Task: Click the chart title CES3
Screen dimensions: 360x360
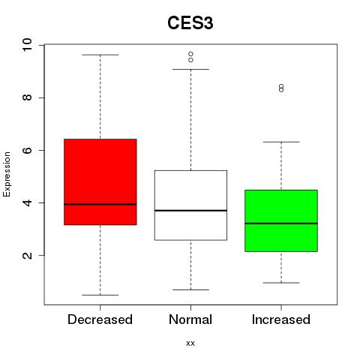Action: [190, 23]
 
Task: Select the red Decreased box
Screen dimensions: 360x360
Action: [100, 182]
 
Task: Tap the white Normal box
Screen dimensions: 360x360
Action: [190, 205]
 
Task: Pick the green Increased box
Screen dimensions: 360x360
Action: [281, 220]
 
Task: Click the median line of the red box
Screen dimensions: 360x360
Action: [100, 204]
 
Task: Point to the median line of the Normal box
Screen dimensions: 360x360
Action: [190, 211]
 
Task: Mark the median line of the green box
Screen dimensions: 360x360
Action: [281, 223]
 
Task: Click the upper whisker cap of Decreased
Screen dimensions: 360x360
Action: [100, 55]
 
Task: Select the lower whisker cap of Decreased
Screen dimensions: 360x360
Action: [100, 295]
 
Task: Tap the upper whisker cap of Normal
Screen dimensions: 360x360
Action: [190, 69]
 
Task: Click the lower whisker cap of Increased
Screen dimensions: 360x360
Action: [281, 283]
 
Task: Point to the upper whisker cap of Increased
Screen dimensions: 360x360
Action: [281, 142]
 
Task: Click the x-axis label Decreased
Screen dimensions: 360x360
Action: [100, 319]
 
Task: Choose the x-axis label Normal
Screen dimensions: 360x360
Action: [190, 319]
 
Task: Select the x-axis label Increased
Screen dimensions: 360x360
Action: [281, 319]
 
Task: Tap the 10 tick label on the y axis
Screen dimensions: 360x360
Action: [27, 45]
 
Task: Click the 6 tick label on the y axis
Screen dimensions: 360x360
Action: [27, 150]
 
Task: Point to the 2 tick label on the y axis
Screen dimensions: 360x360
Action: [27, 255]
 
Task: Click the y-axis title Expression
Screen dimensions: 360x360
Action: [7, 174]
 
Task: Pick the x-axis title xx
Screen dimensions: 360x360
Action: [190, 343]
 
